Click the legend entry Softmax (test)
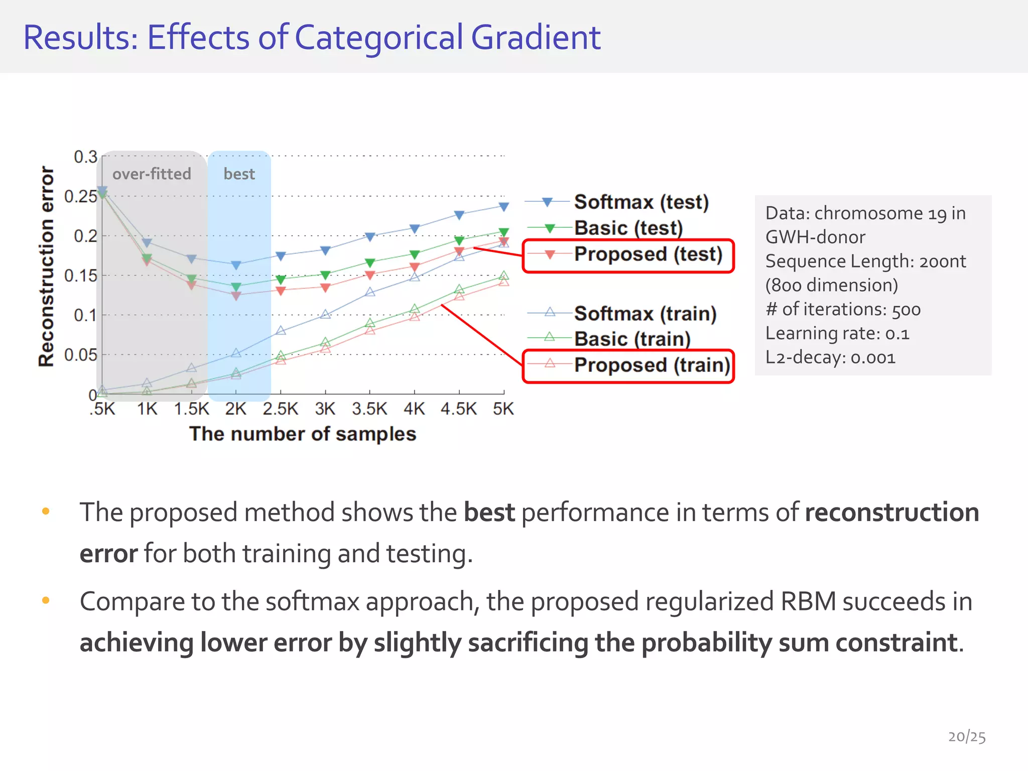tap(641, 202)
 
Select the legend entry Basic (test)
tap(628, 228)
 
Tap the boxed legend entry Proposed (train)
tap(651, 365)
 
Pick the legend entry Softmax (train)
tap(645, 314)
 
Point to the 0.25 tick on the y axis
tap(80, 196)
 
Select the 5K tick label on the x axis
tap(503, 409)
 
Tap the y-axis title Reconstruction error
tap(46, 266)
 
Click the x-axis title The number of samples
tap(303, 434)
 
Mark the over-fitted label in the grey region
tap(152, 174)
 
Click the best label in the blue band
tap(239, 174)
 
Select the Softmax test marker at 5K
tap(504, 206)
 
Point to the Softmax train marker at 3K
tap(325, 314)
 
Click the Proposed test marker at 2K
tap(236, 296)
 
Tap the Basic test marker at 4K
tap(415, 254)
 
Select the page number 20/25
tap(967, 736)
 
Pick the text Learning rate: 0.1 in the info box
tap(837, 333)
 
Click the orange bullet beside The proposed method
tap(46, 511)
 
